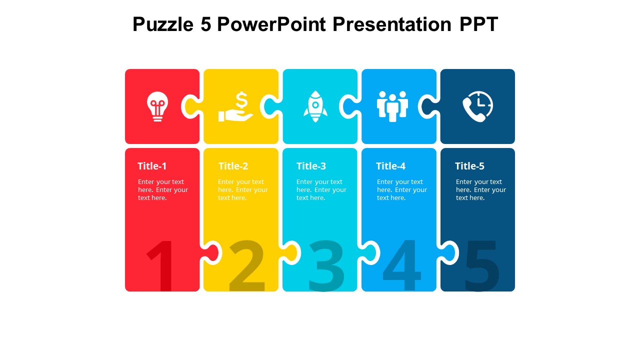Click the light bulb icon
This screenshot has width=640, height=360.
(x=157, y=106)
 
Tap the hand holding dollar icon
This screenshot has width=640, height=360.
(x=235, y=106)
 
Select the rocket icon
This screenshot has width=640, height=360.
(x=315, y=106)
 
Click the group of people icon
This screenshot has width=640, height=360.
(x=392, y=106)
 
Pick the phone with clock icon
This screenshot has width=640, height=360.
(x=477, y=106)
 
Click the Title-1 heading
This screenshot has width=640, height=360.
(x=152, y=166)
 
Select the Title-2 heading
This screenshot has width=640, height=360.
(x=233, y=166)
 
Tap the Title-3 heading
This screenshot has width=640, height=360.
(x=311, y=166)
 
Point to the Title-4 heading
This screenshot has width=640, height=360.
(x=390, y=166)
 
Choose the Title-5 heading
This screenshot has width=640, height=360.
(x=469, y=166)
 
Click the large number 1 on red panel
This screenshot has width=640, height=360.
(x=161, y=266)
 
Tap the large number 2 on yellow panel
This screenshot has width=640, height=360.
(x=246, y=266)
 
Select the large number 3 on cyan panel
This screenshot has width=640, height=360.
(x=326, y=266)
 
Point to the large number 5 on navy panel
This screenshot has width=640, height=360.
(x=481, y=266)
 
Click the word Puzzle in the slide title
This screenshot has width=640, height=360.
(x=163, y=24)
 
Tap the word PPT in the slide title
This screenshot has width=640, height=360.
(x=478, y=24)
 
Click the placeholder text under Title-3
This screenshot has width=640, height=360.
(x=321, y=189)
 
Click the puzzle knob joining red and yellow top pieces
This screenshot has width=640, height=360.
(x=191, y=106)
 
